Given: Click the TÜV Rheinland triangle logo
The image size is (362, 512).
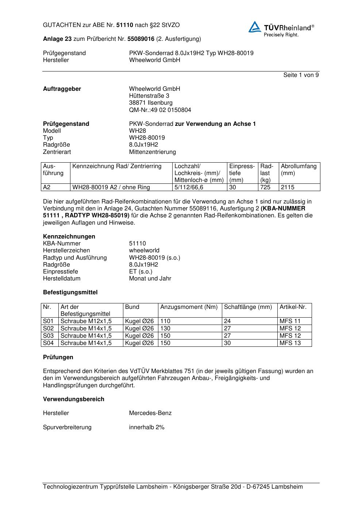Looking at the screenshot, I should (255, 27).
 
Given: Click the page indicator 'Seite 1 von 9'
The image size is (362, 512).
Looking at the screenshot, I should (301, 75).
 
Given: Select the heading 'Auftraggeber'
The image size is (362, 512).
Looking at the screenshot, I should (62, 89).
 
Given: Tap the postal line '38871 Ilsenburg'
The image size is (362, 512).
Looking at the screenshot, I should (151, 103).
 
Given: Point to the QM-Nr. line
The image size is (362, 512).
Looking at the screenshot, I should (160, 110).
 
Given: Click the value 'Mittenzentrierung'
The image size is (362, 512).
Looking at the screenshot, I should (152, 152).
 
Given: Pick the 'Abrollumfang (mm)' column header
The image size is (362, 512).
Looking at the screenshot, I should (299, 170).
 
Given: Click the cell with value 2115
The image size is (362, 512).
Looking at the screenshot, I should (288, 187).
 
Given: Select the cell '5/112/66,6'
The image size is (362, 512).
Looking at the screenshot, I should (189, 187).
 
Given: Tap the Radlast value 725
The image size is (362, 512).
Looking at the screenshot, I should (265, 187).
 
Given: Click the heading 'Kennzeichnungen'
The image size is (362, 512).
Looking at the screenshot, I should (69, 237).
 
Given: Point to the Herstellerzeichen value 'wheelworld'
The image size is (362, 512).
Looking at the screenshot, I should (144, 251).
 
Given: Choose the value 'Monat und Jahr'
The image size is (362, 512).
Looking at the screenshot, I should (150, 279).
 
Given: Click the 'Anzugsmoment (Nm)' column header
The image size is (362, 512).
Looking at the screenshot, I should (189, 307).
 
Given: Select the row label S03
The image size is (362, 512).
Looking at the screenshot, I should (48, 336).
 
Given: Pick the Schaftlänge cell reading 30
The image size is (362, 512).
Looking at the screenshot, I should (227, 343).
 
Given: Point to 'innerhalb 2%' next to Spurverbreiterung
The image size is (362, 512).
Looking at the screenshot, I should (147, 427).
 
